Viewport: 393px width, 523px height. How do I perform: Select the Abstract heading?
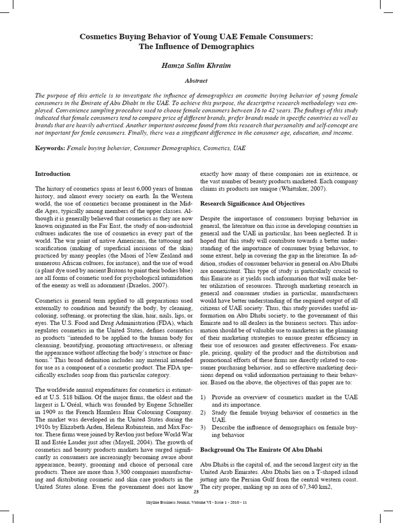pyautogui.click(x=196, y=81)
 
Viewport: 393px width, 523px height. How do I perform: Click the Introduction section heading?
pyautogui.click(x=52, y=174)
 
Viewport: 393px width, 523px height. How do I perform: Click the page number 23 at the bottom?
pyautogui.click(x=196, y=506)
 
